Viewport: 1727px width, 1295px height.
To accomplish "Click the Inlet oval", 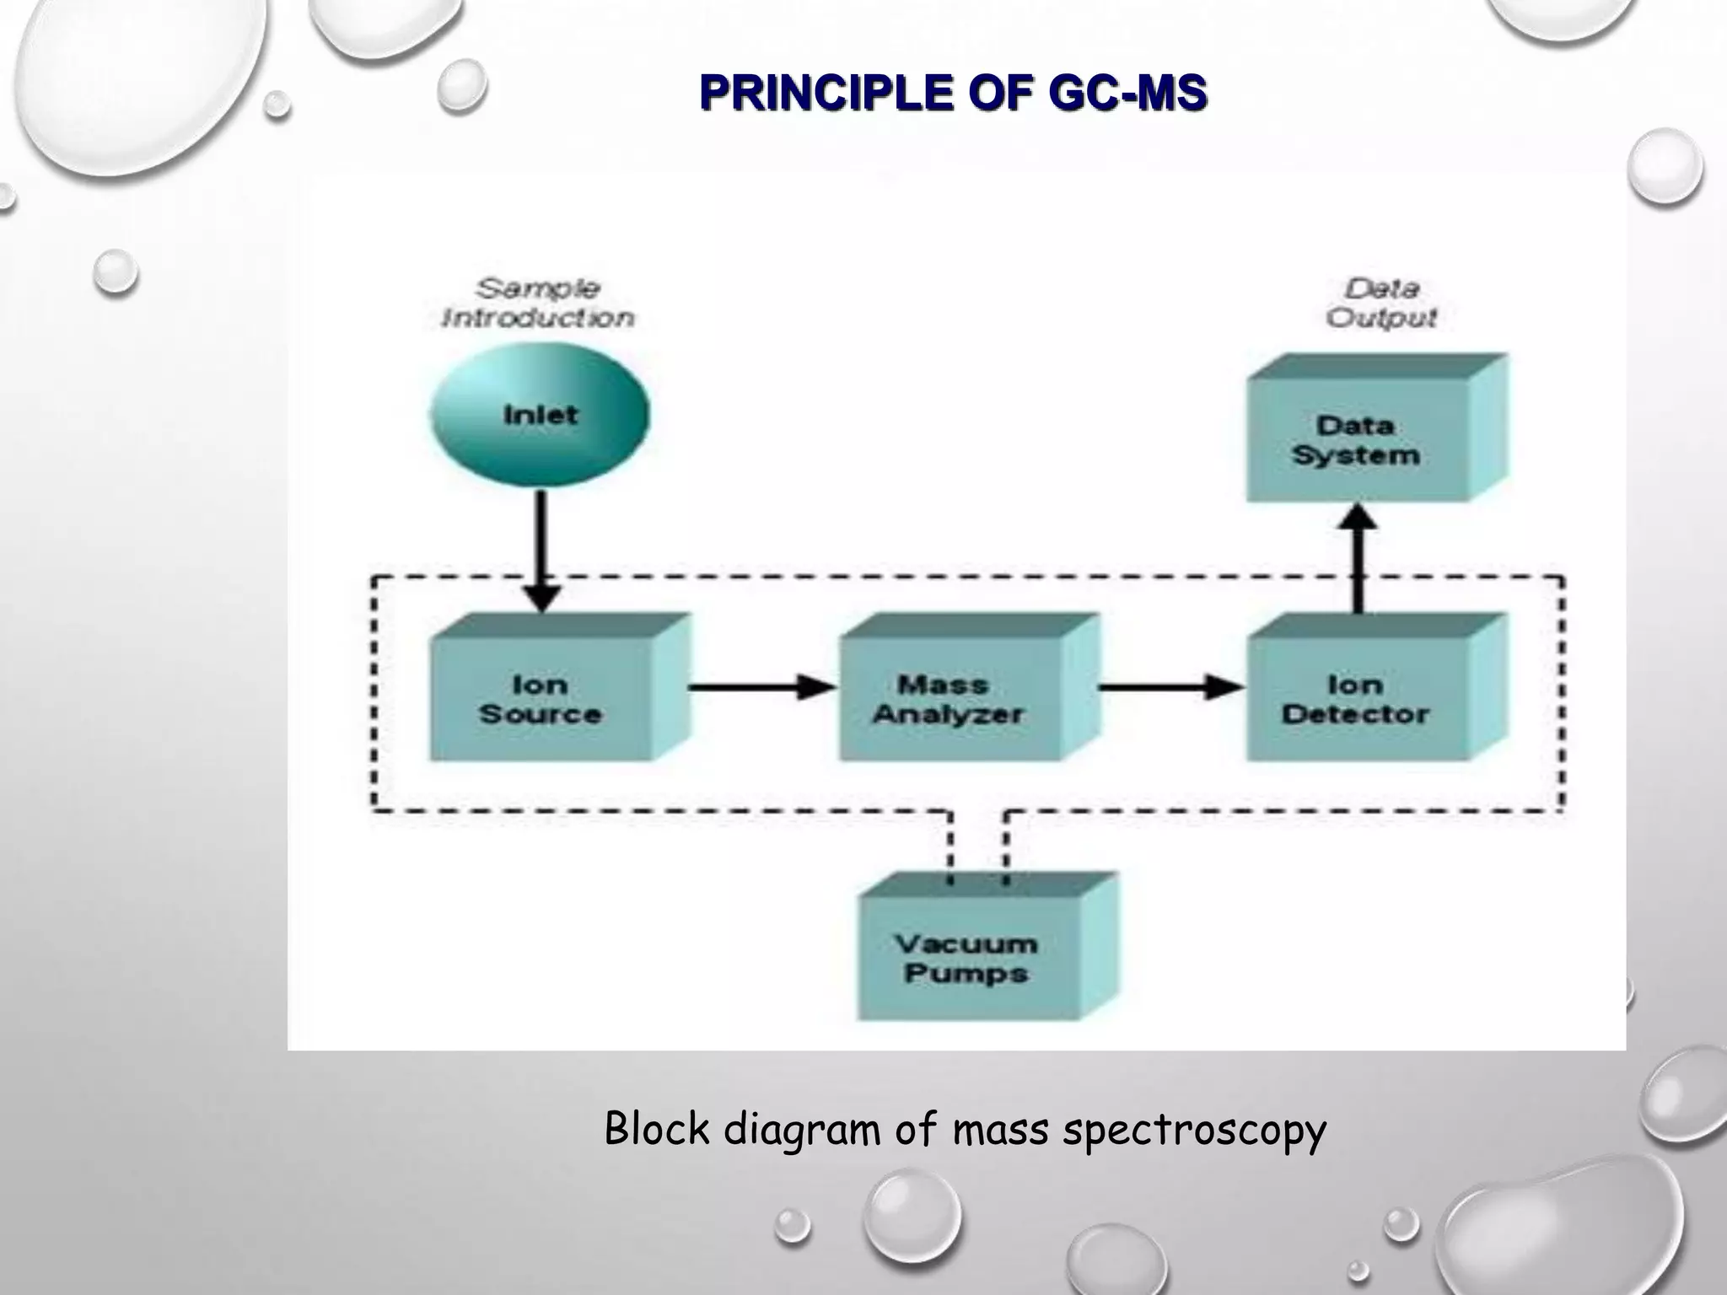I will point(540,415).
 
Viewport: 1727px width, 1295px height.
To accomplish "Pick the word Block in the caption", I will point(657,1129).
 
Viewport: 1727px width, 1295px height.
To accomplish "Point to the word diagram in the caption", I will point(802,1131).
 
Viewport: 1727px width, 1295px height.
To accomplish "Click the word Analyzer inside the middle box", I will point(949,715).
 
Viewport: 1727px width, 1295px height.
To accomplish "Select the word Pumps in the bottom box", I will point(966,974).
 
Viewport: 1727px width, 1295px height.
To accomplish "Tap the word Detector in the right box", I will point(1356,715).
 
